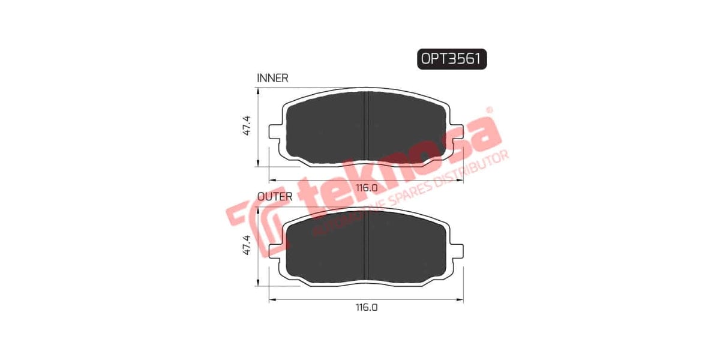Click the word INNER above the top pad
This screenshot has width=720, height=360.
click(272, 78)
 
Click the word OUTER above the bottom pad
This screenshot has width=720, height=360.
click(275, 196)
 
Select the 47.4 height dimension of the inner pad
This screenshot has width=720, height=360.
click(246, 125)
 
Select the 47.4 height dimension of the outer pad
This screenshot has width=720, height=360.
click(246, 245)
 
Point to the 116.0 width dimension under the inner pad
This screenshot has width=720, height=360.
click(366, 188)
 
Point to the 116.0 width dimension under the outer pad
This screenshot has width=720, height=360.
click(366, 307)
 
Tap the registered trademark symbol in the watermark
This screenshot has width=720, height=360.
click(489, 110)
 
